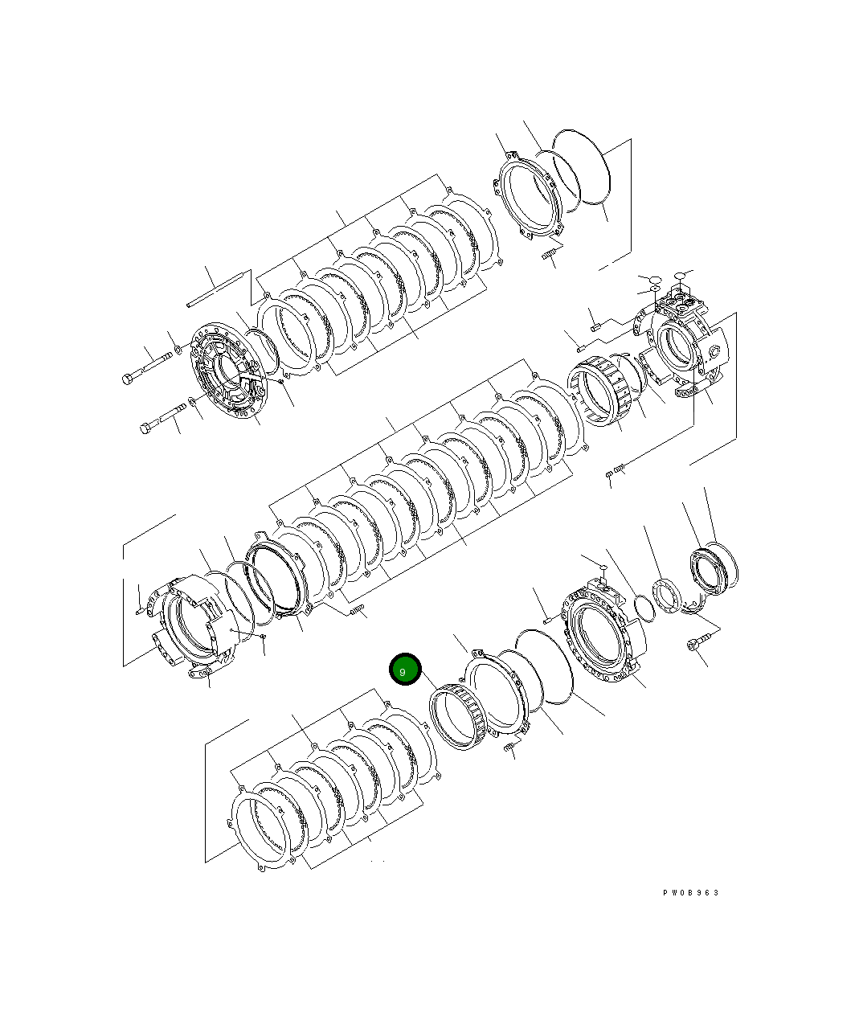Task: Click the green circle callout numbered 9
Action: coord(405,670)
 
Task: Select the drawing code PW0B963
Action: coord(690,893)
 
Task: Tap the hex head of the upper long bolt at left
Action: coord(129,378)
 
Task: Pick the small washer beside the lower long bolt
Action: coord(192,401)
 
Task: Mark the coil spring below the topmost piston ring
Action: coord(550,256)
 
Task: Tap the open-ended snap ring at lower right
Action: coord(693,607)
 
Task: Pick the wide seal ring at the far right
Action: coord(715,567)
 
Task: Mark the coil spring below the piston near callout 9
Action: coord(509,748)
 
